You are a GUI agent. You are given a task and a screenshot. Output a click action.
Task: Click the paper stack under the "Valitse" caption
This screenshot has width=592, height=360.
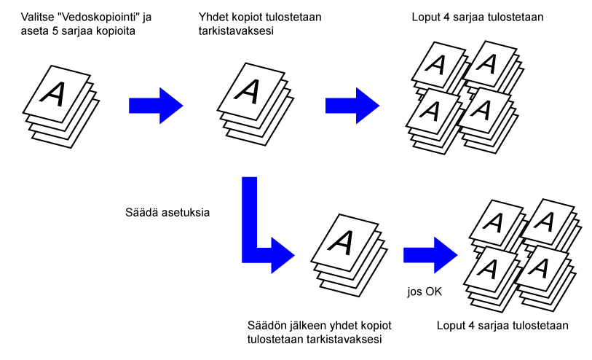tap(60, 106)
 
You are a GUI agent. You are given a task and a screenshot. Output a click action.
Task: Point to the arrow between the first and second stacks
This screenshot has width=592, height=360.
tap(155, 106)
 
